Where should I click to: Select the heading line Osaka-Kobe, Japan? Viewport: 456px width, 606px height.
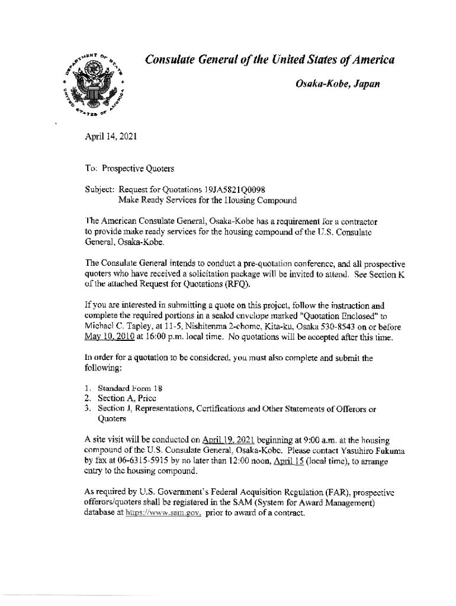point(338,84)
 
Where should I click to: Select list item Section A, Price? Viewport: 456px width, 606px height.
point(122,398)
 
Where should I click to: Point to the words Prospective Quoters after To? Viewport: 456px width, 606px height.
point(139,169)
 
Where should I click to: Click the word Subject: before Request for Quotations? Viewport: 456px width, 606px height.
point(101,189)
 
